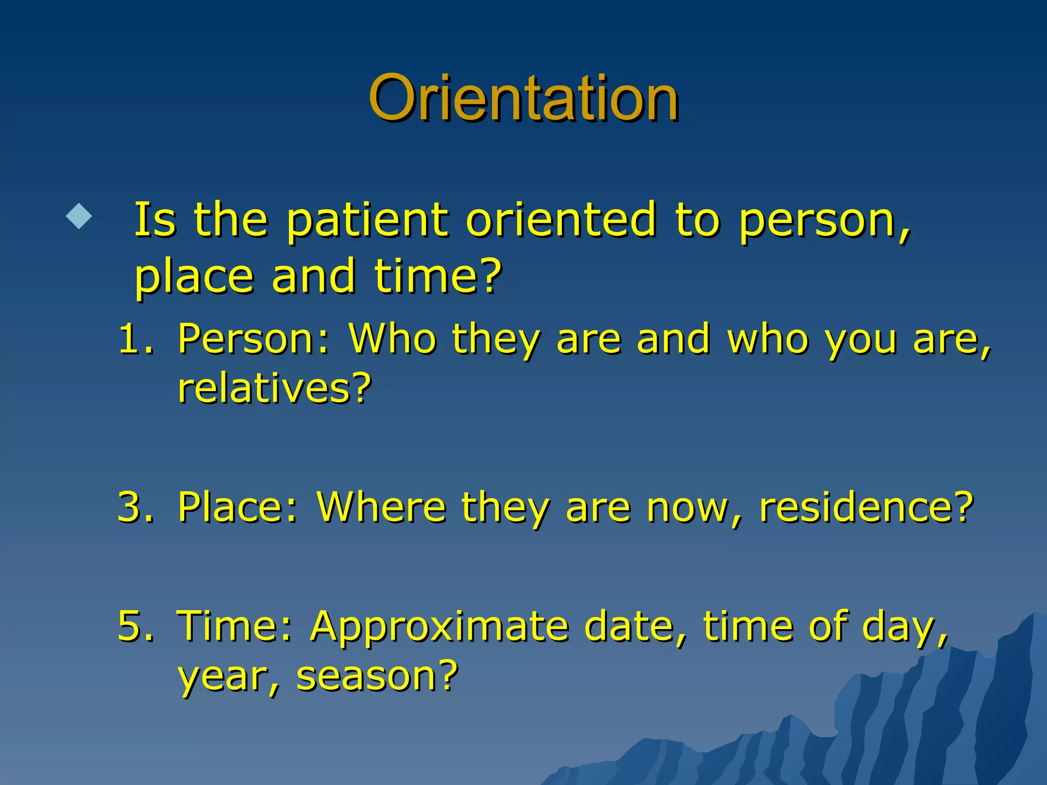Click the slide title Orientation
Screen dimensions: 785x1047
click(x=523, y=98)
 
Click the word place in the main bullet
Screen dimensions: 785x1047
click(x=194, y=278)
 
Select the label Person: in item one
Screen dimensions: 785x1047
click(x=254, y=339)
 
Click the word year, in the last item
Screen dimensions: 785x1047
click(x=229, y=678)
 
